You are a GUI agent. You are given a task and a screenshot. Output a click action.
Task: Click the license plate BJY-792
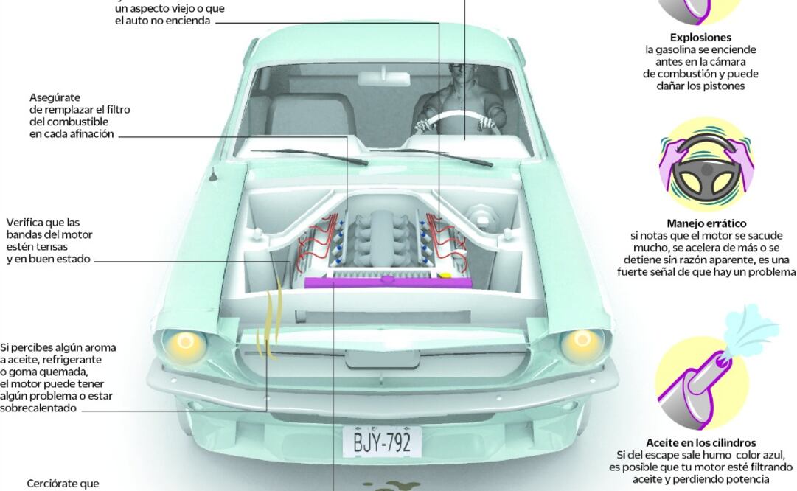pyautogui.click(x=382, y=442)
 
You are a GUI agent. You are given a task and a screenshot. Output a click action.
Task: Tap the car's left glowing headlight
pyautogui.click(x=185, y=341)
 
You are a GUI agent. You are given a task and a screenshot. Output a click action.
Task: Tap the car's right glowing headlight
pyautogui.click(x=580, y=341)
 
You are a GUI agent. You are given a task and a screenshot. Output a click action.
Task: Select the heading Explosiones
pyautogui.click(x=700, y=38)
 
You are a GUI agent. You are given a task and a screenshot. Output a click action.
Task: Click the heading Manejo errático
pyautogui.click(x=706, y=223)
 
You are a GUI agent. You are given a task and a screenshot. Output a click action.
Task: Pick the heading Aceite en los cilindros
pyautogui.click(x=700, y=443)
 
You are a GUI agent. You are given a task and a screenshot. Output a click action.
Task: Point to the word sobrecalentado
pyautogui.click(x=38, y=408)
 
